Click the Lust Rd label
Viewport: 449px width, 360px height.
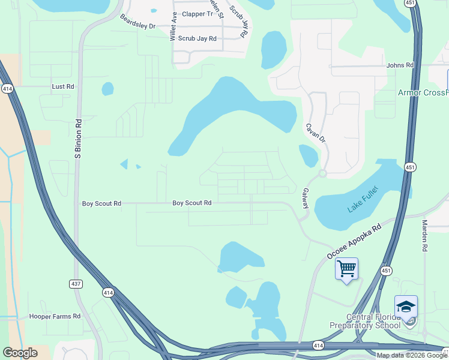63,86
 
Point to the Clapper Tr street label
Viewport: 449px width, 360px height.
197,14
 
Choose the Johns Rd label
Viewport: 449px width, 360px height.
400,65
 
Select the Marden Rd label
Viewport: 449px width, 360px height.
424,235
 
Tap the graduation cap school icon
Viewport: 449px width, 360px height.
406,307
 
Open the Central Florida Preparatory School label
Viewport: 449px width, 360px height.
365,321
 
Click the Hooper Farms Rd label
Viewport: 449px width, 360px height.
55,316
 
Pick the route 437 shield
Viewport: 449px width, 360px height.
76,284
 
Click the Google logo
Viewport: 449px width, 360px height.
20,353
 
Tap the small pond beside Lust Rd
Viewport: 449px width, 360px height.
107,89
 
